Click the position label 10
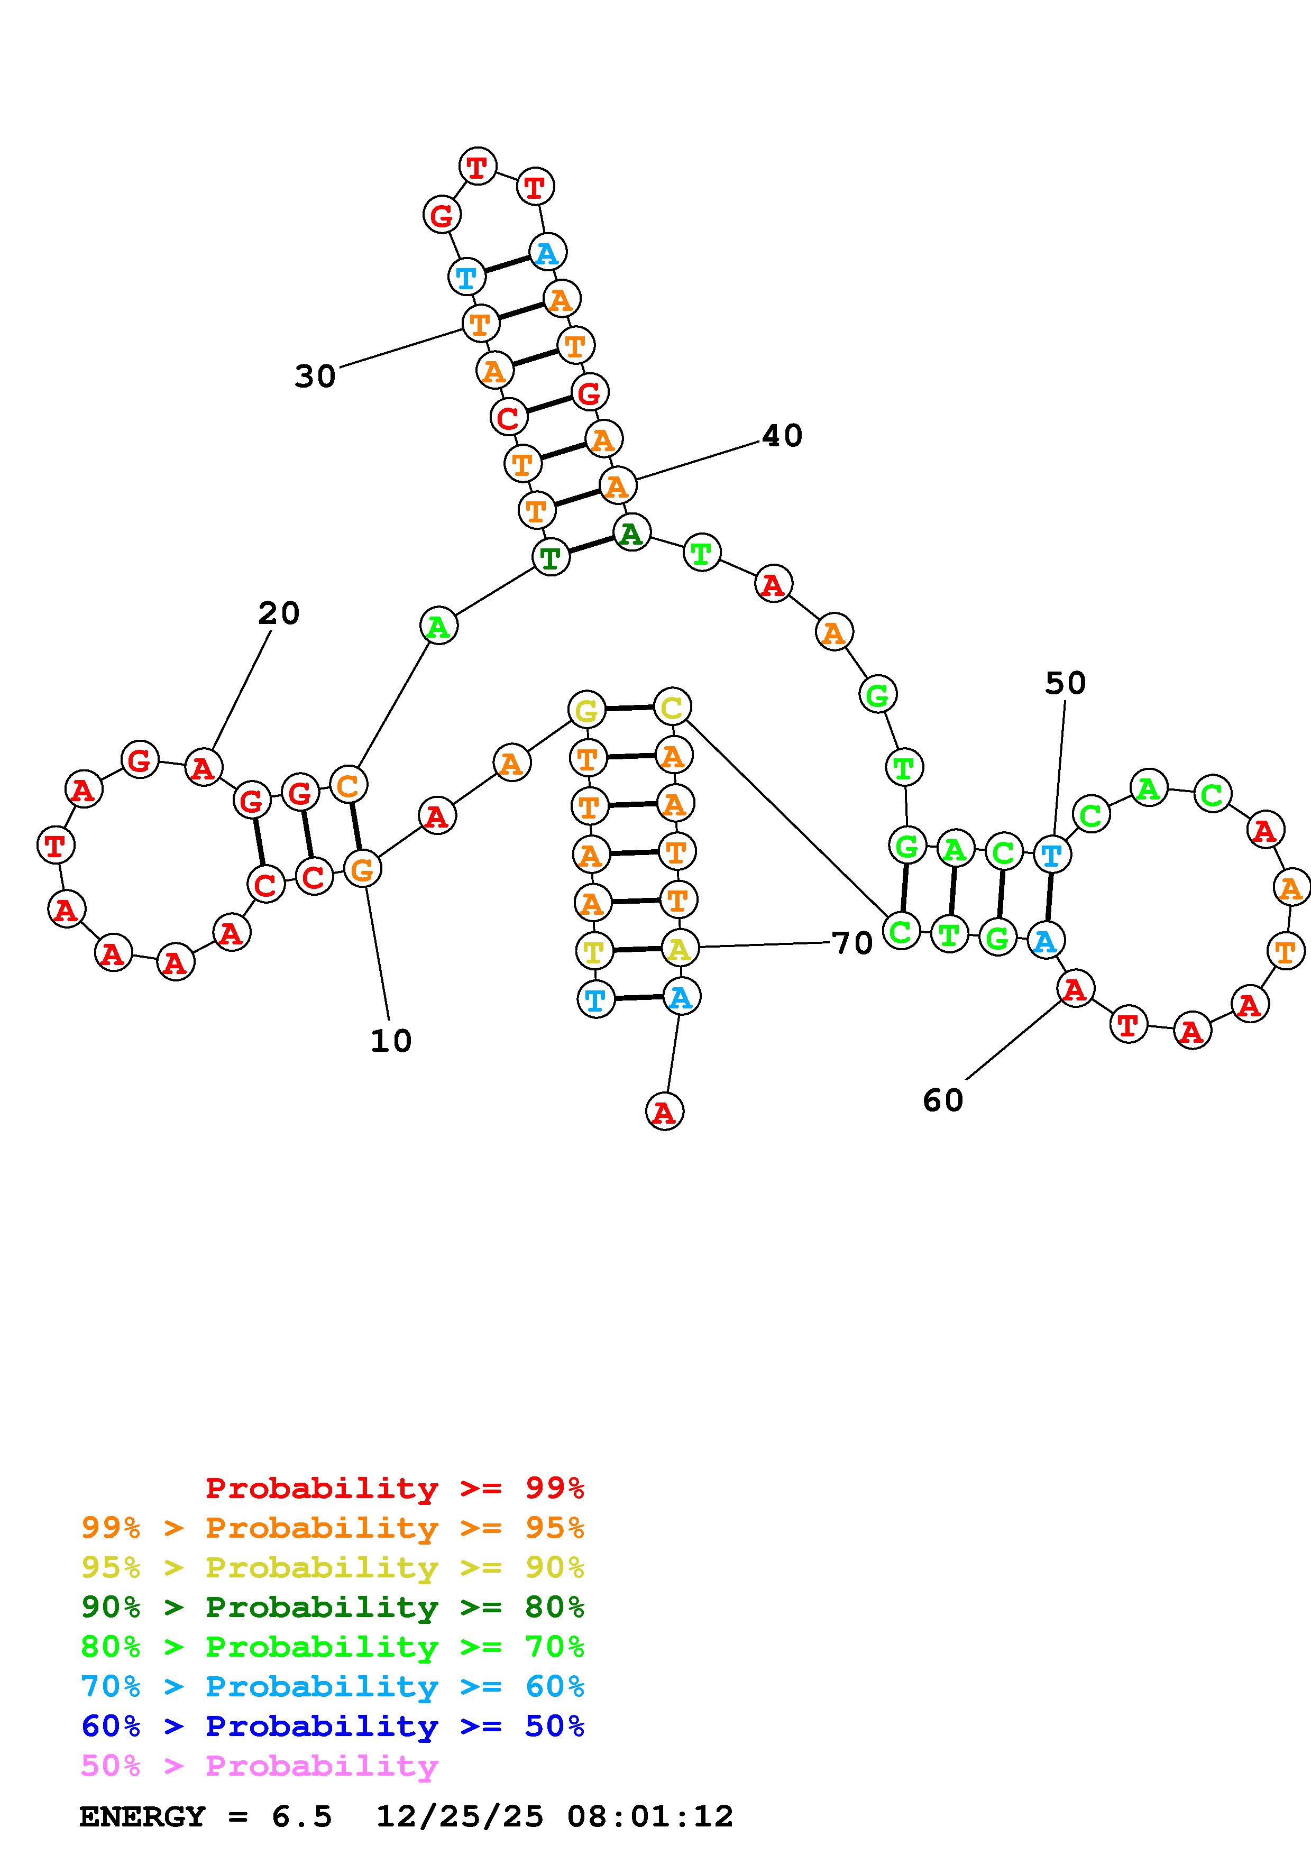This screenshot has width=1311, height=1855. tap(391, 1041)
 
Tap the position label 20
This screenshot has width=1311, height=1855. tap(279, 614)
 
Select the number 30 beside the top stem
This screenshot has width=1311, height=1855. tap(315, 376)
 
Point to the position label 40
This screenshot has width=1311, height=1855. tap(782, 436)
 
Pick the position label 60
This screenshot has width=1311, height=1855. tap(942, 1100)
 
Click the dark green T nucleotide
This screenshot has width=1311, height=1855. tap(551, 557)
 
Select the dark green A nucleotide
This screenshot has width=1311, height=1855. tap(631, 533)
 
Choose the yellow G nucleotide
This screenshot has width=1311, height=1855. tap(586, 710)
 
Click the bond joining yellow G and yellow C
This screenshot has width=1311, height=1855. tap(629, 709)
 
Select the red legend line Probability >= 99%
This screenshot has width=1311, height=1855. tap(394, 1488)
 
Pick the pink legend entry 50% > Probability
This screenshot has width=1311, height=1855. tap(259, 1766)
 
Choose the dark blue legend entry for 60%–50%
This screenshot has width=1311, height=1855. tap(332, 1727)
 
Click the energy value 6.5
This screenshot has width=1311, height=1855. tap(301, 1817)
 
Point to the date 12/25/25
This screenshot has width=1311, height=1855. tap(460, 1817)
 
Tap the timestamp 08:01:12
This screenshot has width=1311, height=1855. tap(650, 1817)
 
